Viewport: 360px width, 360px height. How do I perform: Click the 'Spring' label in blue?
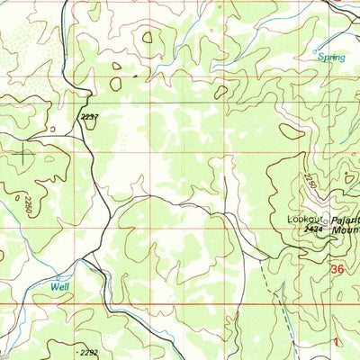332,56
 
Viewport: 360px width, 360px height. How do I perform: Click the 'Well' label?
60,286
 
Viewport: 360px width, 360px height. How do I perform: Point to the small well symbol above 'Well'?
59,275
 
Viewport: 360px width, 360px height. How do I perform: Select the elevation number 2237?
90,116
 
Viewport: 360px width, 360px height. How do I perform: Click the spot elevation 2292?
88,353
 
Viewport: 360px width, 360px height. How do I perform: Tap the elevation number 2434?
313,230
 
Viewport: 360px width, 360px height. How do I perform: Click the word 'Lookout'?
304,219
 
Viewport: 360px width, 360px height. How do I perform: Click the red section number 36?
337,268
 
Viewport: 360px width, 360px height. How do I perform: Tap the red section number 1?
336,342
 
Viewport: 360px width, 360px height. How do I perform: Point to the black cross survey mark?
23,154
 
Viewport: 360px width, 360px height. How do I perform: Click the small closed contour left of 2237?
53,129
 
